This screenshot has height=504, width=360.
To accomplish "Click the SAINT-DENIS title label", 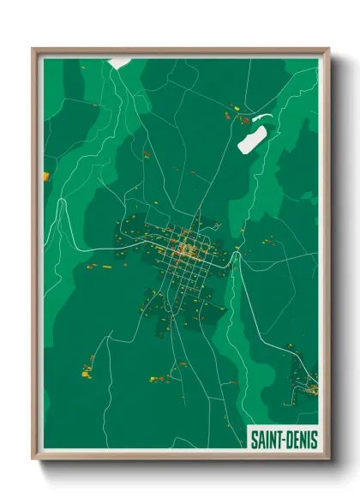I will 284,440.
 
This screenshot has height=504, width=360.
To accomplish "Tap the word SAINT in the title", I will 267,440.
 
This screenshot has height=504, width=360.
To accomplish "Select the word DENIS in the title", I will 302,440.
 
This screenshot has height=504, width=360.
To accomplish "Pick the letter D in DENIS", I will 291,440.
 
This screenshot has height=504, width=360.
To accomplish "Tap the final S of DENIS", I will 314,440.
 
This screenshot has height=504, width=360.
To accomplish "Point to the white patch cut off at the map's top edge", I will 119,62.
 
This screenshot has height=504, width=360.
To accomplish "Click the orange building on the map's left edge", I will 46,177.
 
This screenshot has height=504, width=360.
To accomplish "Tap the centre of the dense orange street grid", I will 189,249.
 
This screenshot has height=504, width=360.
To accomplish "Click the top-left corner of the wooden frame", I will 33,50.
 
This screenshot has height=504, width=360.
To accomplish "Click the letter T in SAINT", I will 279,440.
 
